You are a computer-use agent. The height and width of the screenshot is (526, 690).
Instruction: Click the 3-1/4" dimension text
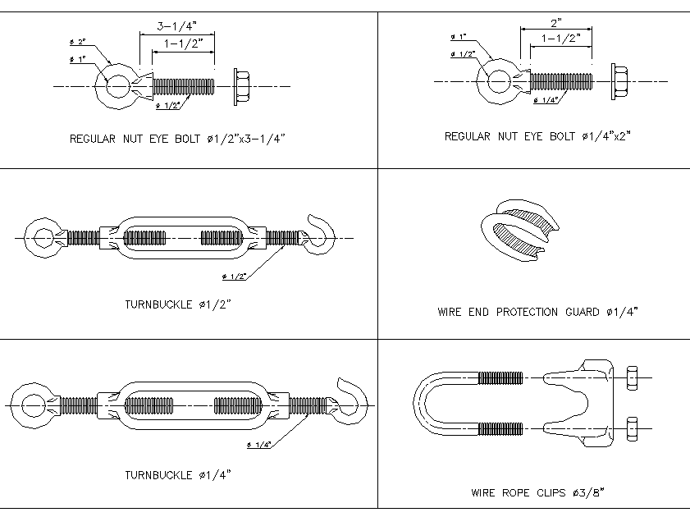(x=176, y=25)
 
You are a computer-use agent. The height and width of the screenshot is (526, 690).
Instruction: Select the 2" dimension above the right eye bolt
(x=555, y=23)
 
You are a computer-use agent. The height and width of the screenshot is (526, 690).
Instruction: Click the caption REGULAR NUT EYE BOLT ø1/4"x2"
(x=537, y=136)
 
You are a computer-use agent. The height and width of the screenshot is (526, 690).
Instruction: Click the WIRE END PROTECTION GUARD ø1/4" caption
(x=537, y=312)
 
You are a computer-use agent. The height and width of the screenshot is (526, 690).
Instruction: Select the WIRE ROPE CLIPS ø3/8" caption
(x=537, y=493)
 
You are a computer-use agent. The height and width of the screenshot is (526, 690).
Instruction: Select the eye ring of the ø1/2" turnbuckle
(x=40, y=238)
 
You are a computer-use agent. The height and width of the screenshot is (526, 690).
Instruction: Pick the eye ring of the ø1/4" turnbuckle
(x=33, y=405)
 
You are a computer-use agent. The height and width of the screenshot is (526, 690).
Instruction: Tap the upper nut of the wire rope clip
(x=632, y=377)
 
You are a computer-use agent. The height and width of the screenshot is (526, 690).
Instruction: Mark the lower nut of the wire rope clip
(x=632, y=428)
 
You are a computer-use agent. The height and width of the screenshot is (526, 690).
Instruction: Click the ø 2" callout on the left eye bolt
(x=77, y=43)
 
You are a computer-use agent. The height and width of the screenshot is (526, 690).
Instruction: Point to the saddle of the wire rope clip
(x=587, y=402)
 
